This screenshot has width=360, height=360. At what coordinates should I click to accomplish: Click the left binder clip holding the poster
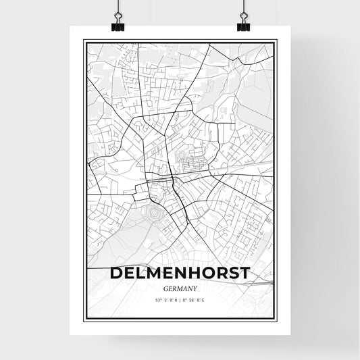coord(118,22)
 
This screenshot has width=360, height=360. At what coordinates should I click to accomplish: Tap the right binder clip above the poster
coord(242,22)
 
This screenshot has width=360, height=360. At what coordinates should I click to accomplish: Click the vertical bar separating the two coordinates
coord(180,299)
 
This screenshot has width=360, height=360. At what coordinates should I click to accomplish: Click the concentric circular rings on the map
coord(154,213)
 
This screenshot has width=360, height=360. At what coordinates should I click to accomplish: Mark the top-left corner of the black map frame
coord(84,41)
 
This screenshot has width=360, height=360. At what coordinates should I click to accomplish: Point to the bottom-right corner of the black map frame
coord(276,319)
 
